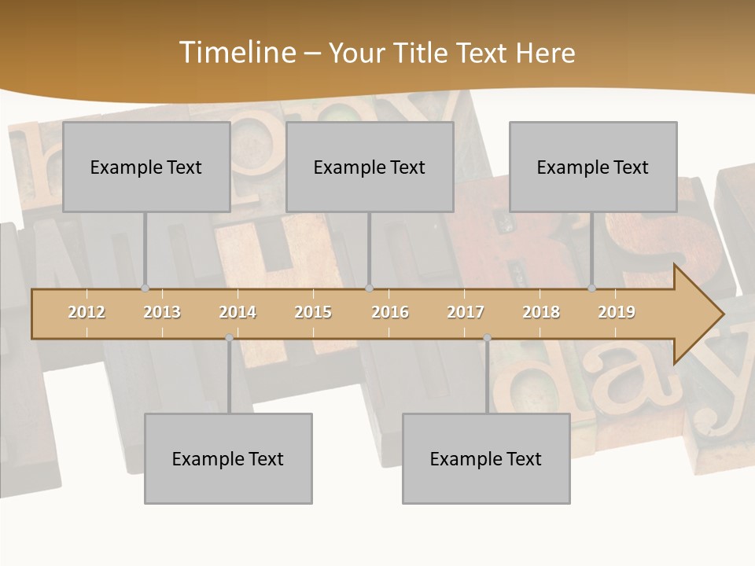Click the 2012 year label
point(87,312)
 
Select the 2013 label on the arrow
point(162,312)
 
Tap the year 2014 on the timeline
point(238,312)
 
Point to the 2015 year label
point(313,312)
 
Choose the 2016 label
point(390,312)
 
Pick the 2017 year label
point(466,312)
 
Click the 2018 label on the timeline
point(541,312)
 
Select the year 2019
point(617,312)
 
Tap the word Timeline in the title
point(237,53)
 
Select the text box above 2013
point(146,167)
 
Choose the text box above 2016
point(370,167)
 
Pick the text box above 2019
point(593,167)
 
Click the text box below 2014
point(228,458)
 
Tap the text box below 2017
point(486,458)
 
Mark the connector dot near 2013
point(145,289)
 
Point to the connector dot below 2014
point(229,337)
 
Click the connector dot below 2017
point(487,337)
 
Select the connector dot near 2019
point(591,289)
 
